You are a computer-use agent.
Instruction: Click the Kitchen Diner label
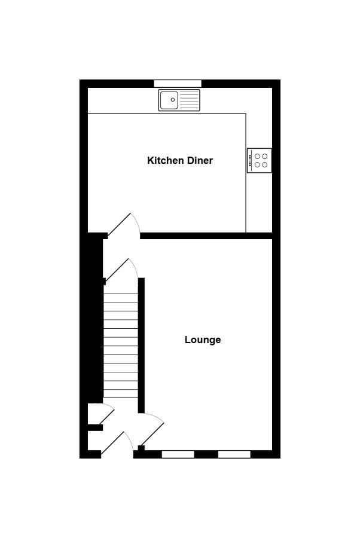click(x=180, y=160)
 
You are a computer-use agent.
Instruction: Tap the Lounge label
click(x=203, y=340)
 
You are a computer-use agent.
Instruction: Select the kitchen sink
click(x=179, y=100)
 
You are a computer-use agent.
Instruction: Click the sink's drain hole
click(x=173, y=100)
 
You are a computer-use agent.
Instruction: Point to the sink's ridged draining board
click(x=189, y=100)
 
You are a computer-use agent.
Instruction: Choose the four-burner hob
click(x=260, y=160)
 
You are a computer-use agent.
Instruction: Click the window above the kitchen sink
click(x=178, y=83)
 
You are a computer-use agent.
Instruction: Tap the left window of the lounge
click(x=178, y=454)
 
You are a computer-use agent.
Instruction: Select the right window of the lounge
click(x=234, y=454)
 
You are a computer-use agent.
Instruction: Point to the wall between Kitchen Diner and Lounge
click(x=206, y=236)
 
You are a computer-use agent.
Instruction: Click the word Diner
click(x=200, y=160)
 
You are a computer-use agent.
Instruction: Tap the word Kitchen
click(x=166, y=160)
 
